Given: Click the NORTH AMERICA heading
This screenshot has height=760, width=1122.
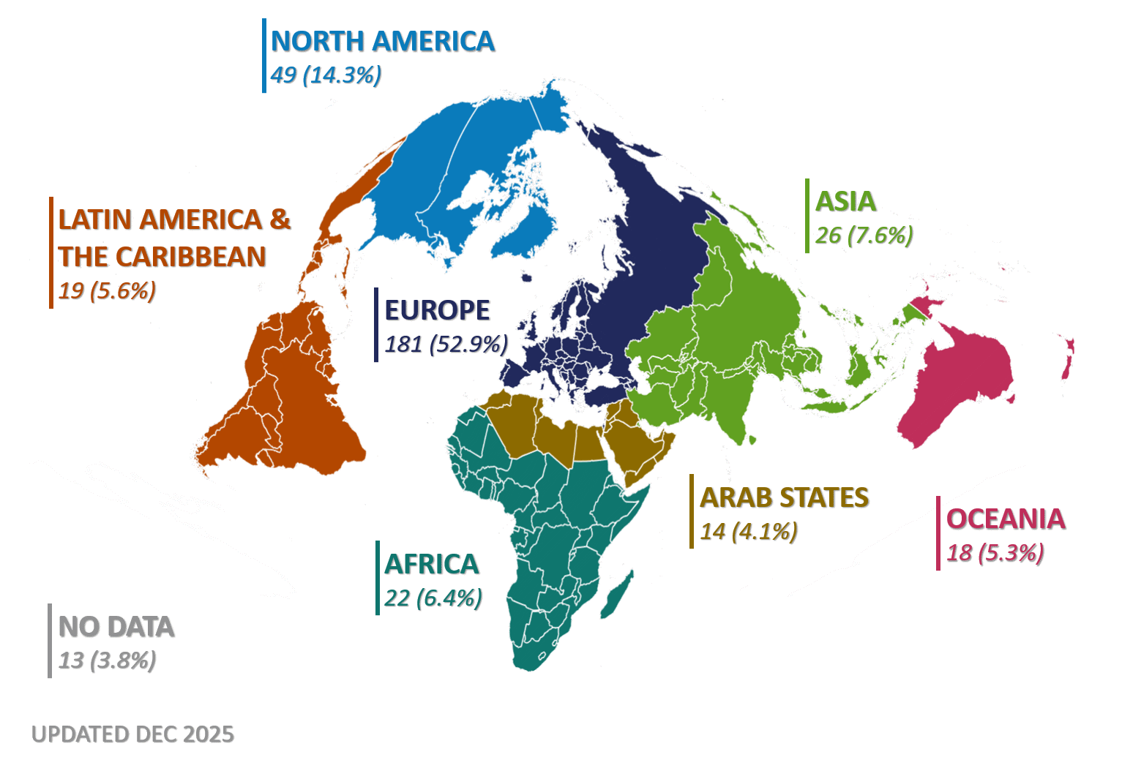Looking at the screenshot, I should pos(382,42).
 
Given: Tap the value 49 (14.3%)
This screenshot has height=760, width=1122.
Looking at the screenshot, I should pos(326,75).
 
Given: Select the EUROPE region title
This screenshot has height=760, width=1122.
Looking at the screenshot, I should pos(437,310).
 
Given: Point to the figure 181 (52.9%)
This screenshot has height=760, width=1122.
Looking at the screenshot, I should pos(446,344).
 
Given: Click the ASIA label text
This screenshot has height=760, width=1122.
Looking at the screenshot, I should pos(845,202).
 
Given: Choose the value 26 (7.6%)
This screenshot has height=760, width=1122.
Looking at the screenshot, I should pos(864,236).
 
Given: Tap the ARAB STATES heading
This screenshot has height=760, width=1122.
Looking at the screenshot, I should pos(784,498).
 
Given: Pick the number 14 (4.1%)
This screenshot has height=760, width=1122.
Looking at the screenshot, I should pos(748,531).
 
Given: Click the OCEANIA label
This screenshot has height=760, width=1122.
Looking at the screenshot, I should pos(1005,519).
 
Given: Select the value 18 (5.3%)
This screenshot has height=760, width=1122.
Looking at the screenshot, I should pos(995,553).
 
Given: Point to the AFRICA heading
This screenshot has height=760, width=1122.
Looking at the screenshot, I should pos(431,565).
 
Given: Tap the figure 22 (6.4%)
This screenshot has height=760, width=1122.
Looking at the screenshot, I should pos(433,598).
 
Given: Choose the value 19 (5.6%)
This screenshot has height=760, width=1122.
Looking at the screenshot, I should pos(107,291).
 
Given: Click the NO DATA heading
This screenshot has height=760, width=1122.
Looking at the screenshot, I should pos(116,628).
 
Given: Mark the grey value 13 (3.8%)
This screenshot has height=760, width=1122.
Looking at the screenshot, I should pos(107,661).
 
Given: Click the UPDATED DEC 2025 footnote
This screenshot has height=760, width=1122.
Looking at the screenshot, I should pos(132,734).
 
